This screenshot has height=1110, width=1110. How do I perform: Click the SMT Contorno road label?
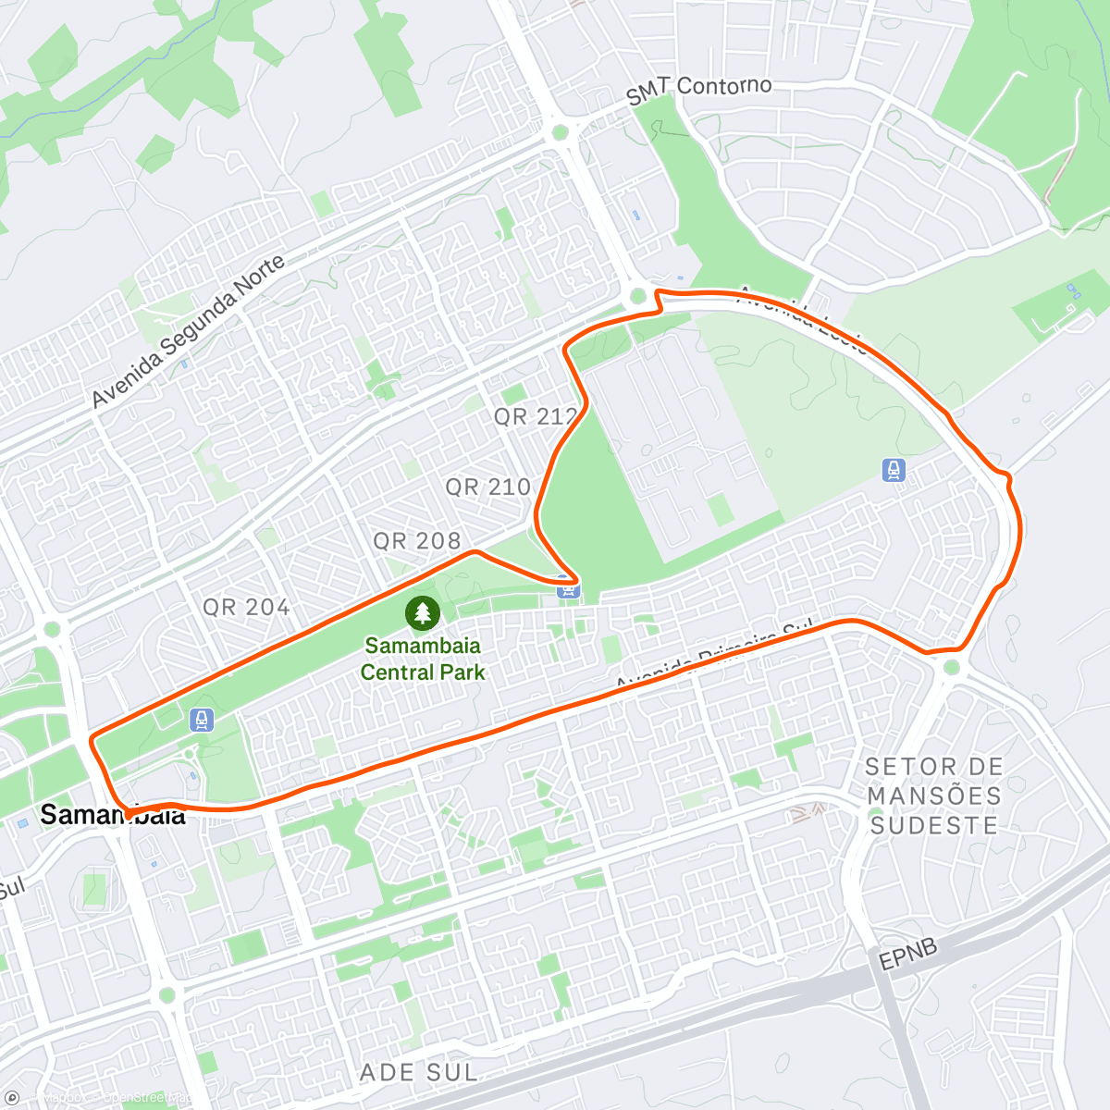point(698,90)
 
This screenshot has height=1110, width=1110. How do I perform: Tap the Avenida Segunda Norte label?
point(188,332)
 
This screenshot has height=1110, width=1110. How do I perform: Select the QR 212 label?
point(536,416)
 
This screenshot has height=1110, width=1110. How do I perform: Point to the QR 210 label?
point(487,487)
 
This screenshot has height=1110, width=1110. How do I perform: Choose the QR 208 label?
point(416,540)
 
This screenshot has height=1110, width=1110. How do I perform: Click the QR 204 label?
point(246,607)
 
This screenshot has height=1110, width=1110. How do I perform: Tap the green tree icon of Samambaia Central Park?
point(423,612)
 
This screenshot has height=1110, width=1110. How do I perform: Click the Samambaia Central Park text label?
point(423,659)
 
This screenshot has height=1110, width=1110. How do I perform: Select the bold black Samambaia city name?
point(112,815)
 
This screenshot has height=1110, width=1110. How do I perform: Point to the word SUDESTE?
point(934,825)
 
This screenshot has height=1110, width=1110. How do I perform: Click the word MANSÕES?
point(934,795)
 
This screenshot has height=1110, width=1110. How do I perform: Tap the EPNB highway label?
point(907,955)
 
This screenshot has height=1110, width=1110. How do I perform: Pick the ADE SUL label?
point(419,1073)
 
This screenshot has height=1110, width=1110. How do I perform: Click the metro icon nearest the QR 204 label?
point(201,720)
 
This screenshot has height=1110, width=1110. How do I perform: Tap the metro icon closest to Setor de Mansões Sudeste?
point(894,470)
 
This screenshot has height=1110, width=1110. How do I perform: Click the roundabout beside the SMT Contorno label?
point(560,132)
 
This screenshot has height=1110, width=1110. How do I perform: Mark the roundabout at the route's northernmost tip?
point(637,297)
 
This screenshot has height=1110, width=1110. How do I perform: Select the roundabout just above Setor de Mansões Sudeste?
point(952,667)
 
